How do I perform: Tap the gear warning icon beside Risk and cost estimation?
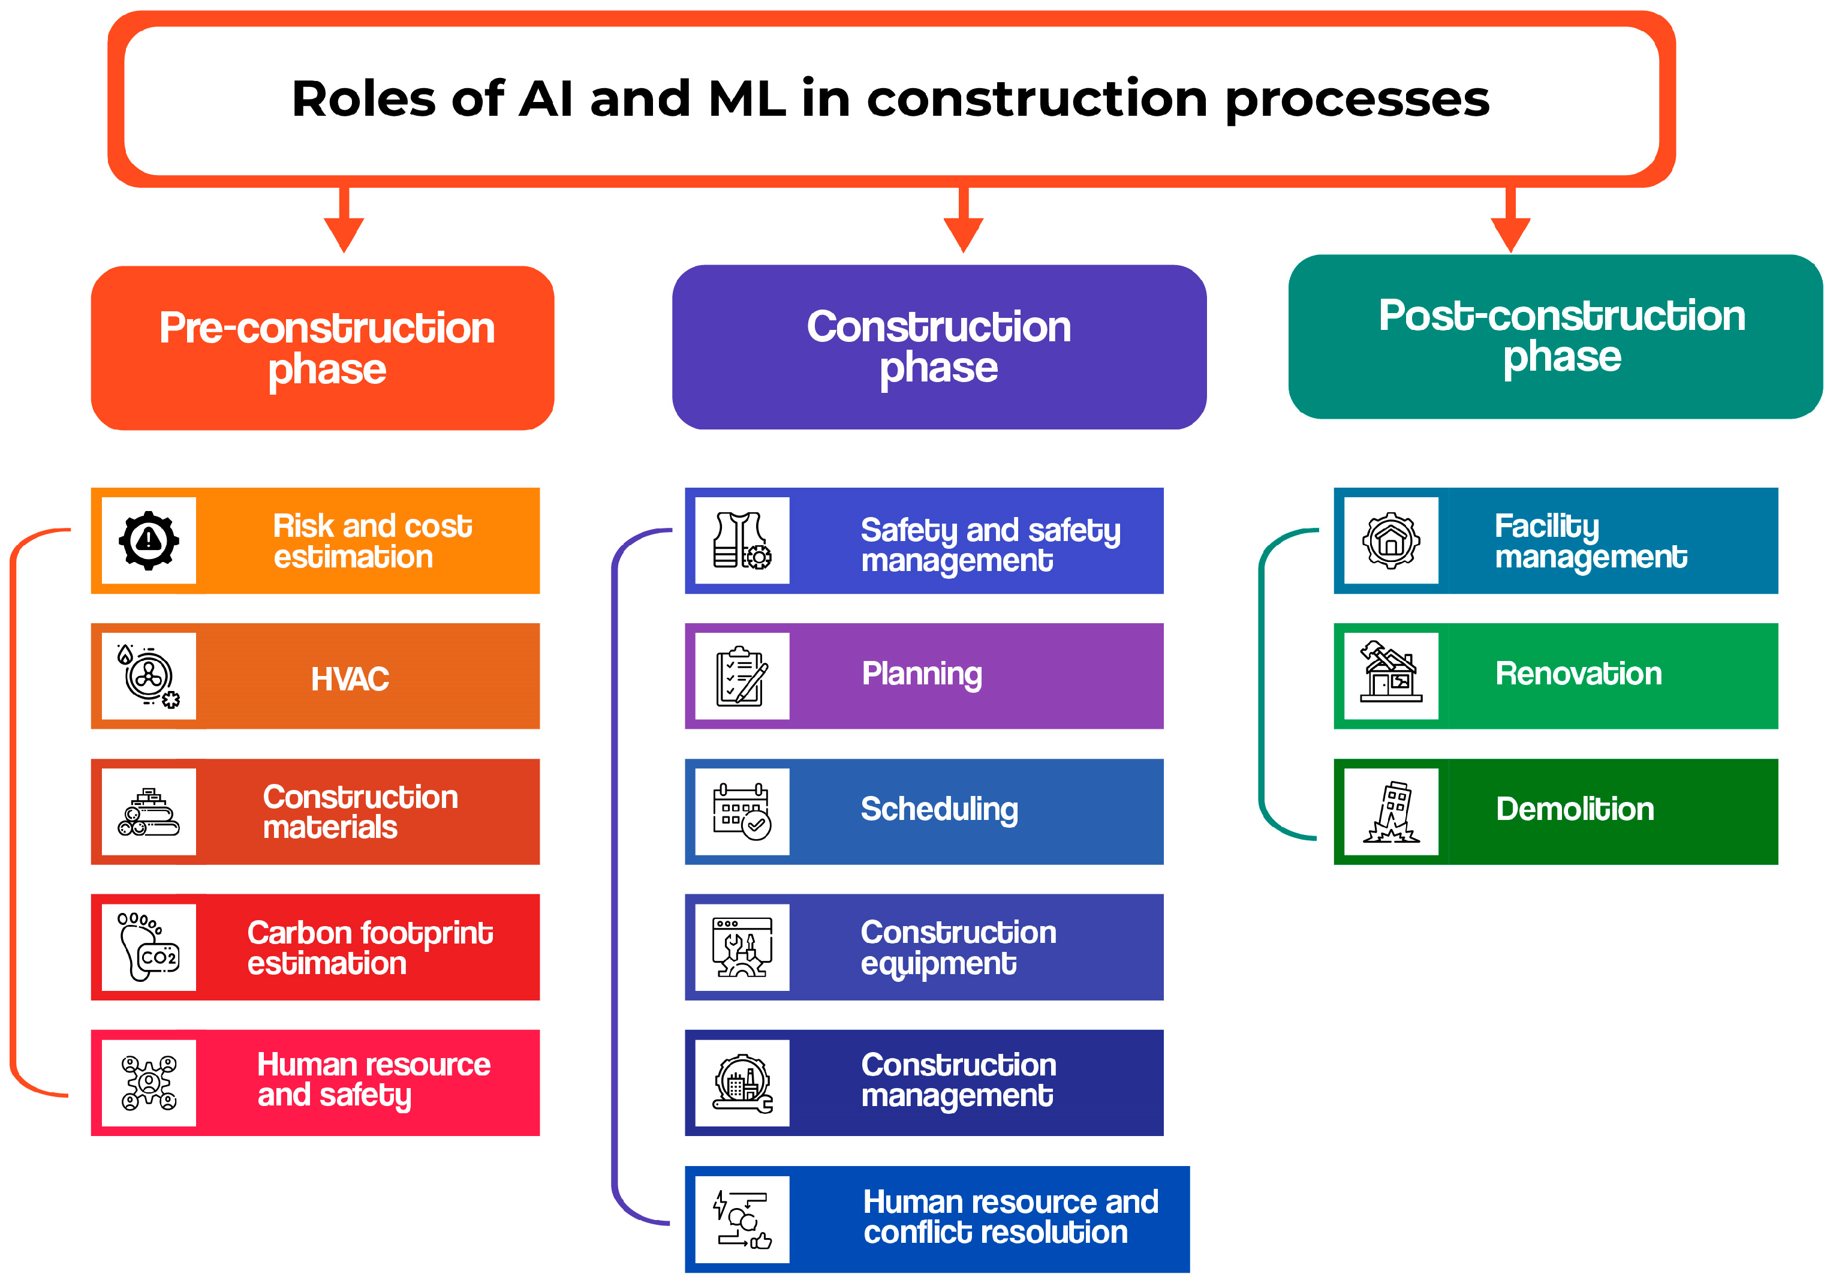point(149,540)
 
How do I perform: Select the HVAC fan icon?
point(149,676)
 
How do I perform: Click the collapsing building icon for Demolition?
point(1391,812)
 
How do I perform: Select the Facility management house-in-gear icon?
point(1391,540)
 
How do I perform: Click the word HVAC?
point(350,680)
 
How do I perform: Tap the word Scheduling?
point(940,809)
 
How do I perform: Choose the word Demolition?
point(1575,809)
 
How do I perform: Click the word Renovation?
point(1578,674)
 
